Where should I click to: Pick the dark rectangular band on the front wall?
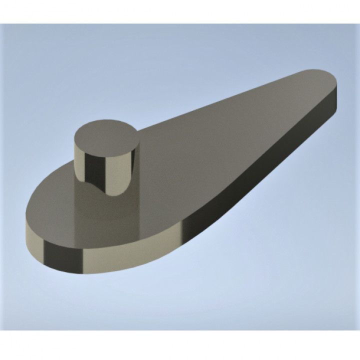[63, 257]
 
